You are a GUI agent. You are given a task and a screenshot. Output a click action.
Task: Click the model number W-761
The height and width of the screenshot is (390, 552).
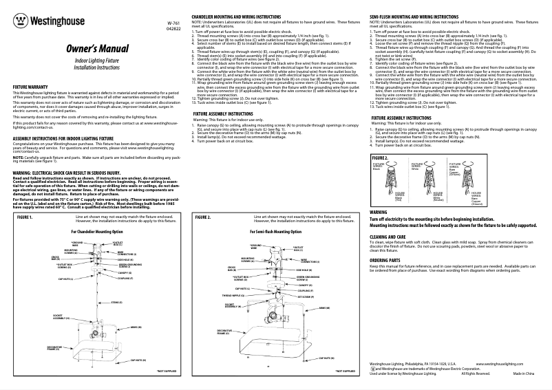click(174, 23)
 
